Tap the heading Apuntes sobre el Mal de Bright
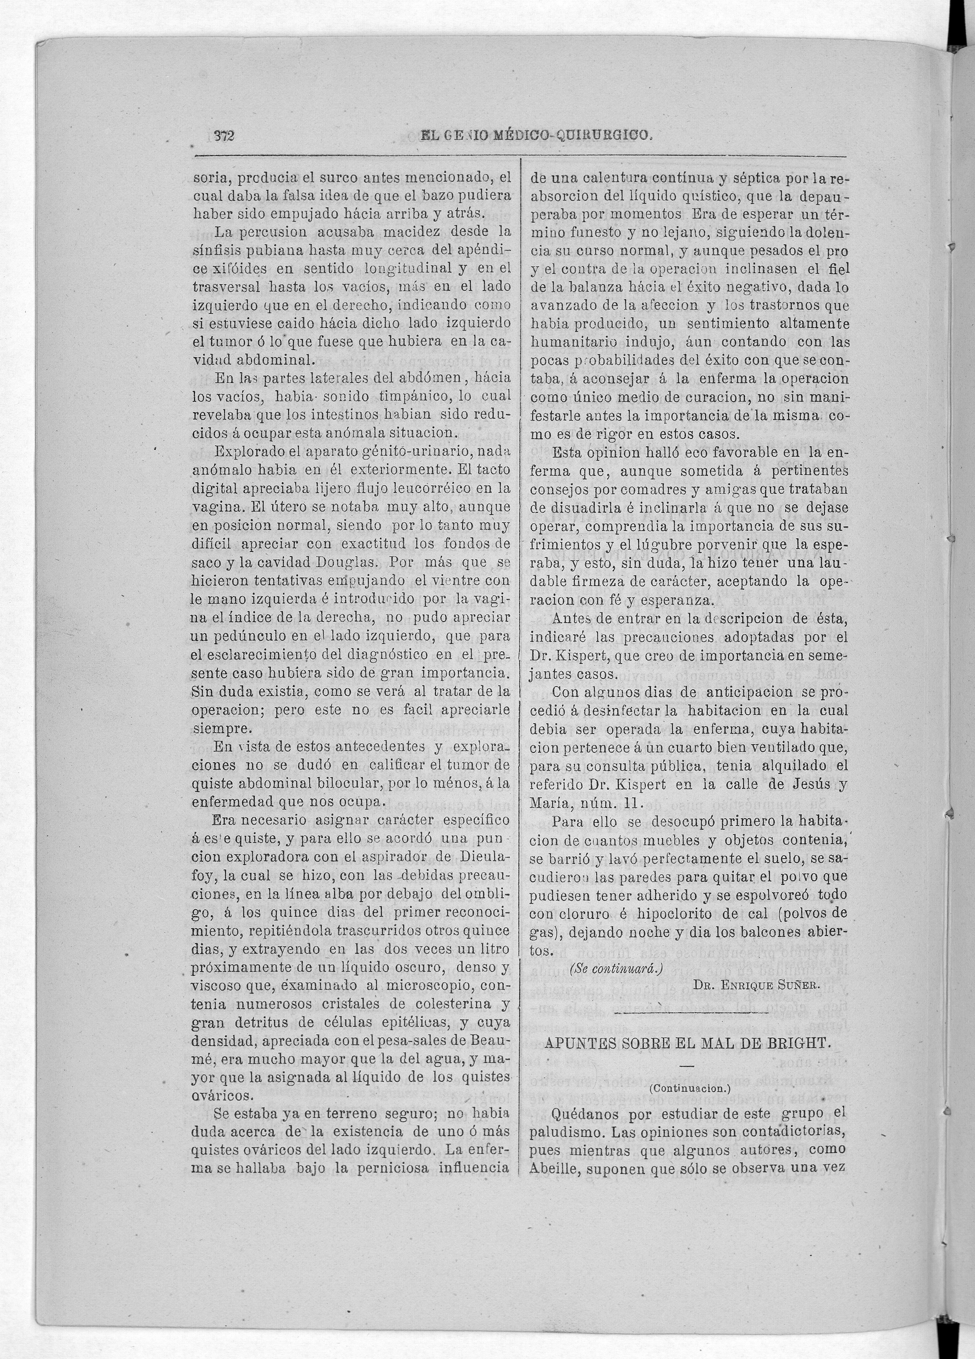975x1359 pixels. point(688,1043)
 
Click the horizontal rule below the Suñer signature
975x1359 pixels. point(689,1012)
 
